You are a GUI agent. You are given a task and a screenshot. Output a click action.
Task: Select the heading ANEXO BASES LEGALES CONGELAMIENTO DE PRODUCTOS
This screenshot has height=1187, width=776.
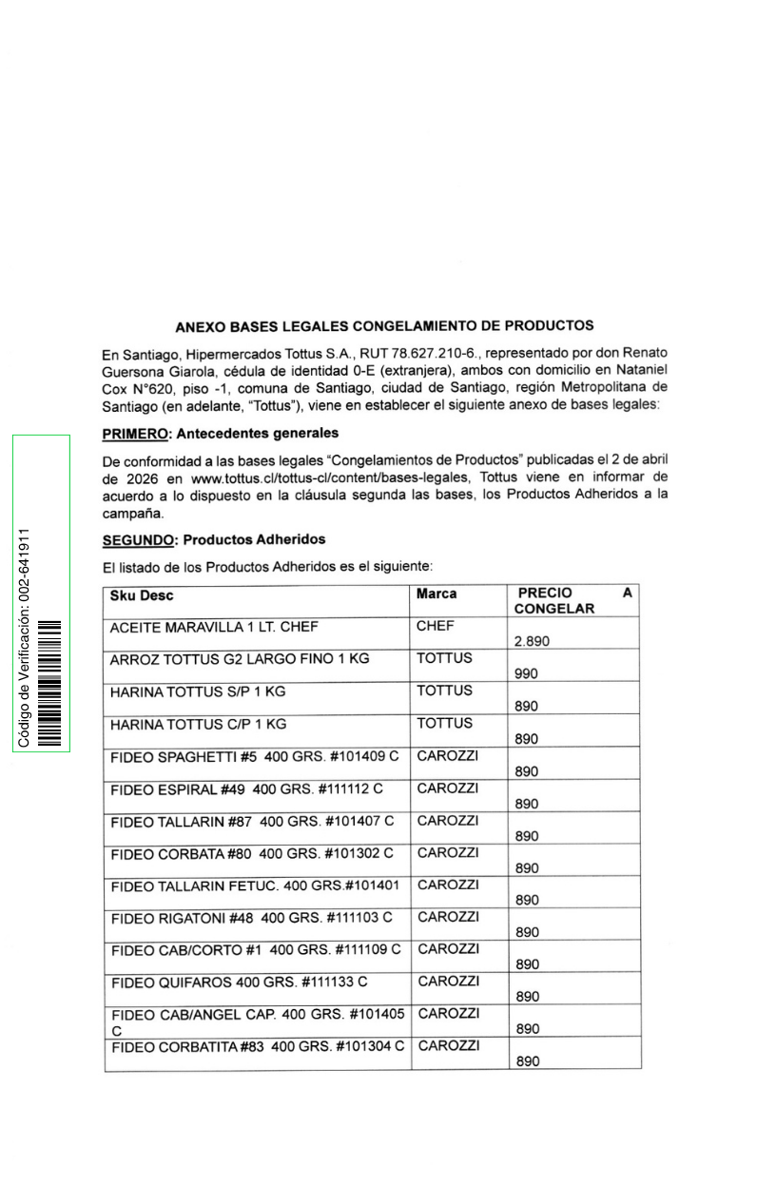coord(384,326)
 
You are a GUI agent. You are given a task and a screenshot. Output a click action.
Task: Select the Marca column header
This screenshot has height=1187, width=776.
coord(436,593)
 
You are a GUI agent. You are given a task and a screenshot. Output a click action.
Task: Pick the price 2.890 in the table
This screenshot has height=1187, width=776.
coord(533,642)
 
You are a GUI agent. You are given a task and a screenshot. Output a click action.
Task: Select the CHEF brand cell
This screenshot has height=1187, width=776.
coord(435,626)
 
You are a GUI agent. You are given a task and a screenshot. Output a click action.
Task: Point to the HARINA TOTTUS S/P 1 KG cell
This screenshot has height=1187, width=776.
coord(198,691)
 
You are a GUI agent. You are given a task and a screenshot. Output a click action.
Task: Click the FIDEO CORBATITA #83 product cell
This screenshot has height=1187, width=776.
coord(258,1047)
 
